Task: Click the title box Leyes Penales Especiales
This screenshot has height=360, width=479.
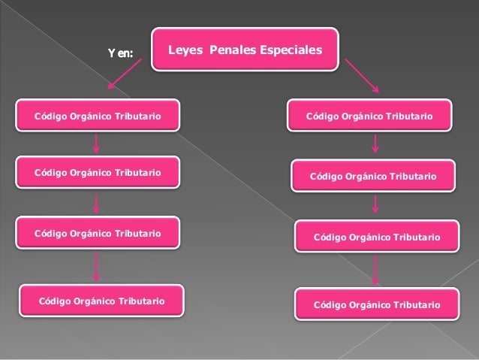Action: (245, 50)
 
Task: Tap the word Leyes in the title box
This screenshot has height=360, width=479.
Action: (184, 50)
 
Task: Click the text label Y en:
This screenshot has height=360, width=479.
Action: (120, 53)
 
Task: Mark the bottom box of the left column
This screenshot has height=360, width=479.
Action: (101, 301)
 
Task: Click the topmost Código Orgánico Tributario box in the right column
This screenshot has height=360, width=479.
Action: (369, 117)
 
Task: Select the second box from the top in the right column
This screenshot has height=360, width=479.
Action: (373, 177)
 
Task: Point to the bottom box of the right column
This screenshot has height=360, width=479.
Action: (377, 304)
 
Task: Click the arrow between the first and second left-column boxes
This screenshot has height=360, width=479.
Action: (97, 144)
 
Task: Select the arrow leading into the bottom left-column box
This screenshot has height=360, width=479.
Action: (97, 266)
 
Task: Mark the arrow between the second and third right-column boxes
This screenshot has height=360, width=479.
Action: (375, 204)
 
